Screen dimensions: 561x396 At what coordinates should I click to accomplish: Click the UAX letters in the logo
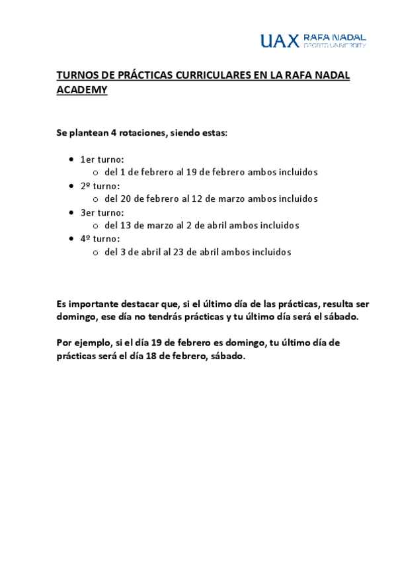coord(279,41)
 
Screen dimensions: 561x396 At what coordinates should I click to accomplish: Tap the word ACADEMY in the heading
coord(82,90)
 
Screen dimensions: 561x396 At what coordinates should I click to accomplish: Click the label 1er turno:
coord(102,159)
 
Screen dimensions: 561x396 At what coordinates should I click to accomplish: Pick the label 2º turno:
coord(100,186)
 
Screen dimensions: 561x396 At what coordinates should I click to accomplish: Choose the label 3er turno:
coord(102,212)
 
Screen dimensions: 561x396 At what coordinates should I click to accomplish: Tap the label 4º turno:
coord(100,239)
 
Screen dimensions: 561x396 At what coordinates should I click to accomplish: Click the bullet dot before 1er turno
coord(71,159)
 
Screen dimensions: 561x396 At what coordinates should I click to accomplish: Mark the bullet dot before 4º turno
coord(71,239)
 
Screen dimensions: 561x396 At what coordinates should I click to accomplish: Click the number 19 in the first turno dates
coord(192,172)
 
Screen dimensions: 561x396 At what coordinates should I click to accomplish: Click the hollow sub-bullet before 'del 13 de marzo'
coord(96,226)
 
